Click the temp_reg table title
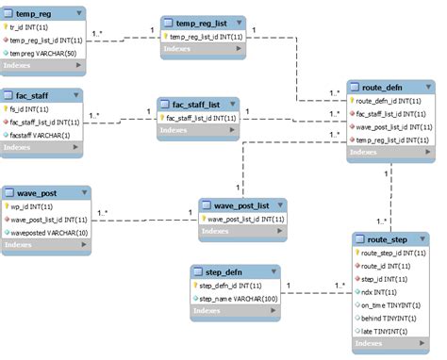click(36, 13)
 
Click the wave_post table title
click(39, 192)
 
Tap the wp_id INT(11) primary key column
click(32, 205)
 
